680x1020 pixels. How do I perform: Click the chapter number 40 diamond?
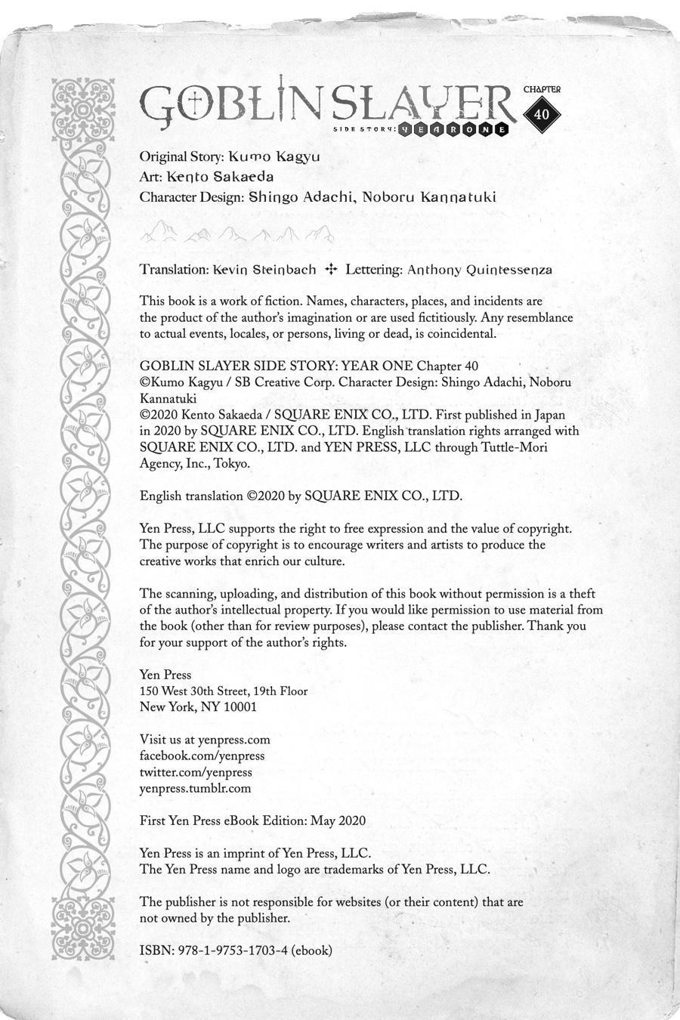click(541, 114)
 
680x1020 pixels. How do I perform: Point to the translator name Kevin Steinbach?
click(264, 269)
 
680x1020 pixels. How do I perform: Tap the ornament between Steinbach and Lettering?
click(330, 269)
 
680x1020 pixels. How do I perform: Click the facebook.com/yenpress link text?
click(202, 756)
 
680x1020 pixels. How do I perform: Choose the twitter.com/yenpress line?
click(196, 772)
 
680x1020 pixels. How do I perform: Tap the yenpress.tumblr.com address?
click(195, 788)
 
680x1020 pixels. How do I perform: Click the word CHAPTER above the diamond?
click(542, 89)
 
